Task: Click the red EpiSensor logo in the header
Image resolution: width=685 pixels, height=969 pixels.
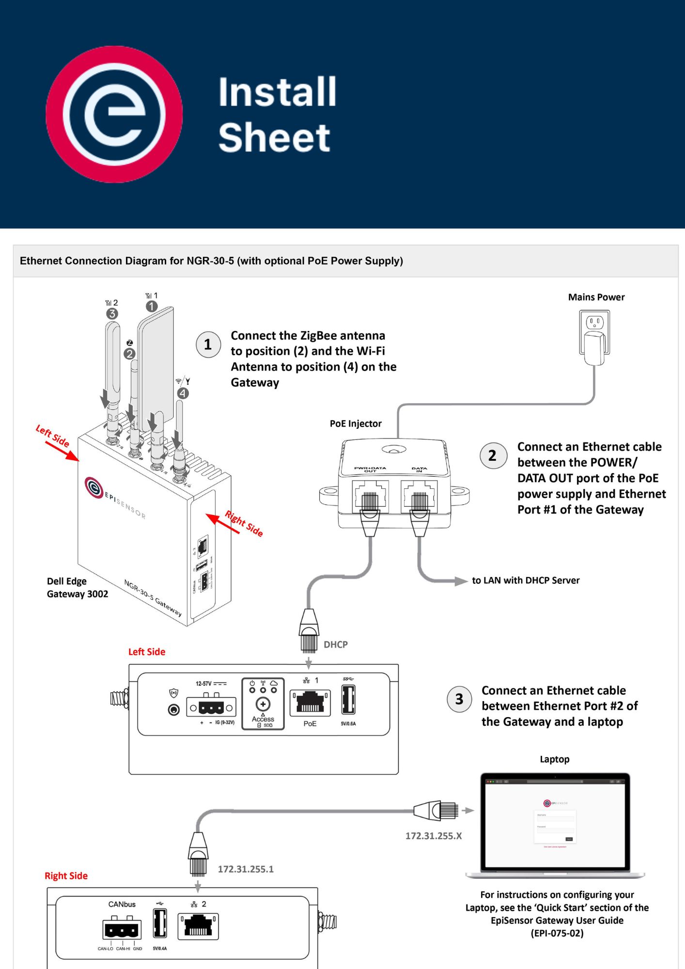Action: pos(114,114)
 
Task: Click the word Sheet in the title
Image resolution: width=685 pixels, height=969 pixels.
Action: pos(274,138)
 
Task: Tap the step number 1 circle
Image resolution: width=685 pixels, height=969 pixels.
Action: pos(208,344)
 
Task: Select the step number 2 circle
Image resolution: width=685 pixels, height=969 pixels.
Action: pos(493,455)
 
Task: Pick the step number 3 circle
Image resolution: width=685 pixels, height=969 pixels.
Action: pos(459,699)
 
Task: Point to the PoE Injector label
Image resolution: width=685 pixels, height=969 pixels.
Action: pos(356,423)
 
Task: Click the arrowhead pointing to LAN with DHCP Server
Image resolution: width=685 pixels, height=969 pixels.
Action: pos(460,581)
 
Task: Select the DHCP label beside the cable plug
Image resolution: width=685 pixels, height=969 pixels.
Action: pos(336,644)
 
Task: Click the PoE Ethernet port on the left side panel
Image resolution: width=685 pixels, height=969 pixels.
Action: pos(310,703)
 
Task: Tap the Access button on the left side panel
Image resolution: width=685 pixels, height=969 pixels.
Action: pos(263,704)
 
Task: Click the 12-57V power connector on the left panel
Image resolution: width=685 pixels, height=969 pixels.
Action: pos(211,707)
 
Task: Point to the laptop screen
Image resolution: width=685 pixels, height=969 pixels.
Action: pos(555,824)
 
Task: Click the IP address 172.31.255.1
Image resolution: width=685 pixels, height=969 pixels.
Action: pos(246,869)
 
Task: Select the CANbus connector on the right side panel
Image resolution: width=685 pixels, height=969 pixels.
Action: pos(122,929)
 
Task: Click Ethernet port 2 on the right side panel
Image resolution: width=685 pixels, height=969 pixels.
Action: pos(198,926)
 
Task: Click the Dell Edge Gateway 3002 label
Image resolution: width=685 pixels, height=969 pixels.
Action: pos(78,588)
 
